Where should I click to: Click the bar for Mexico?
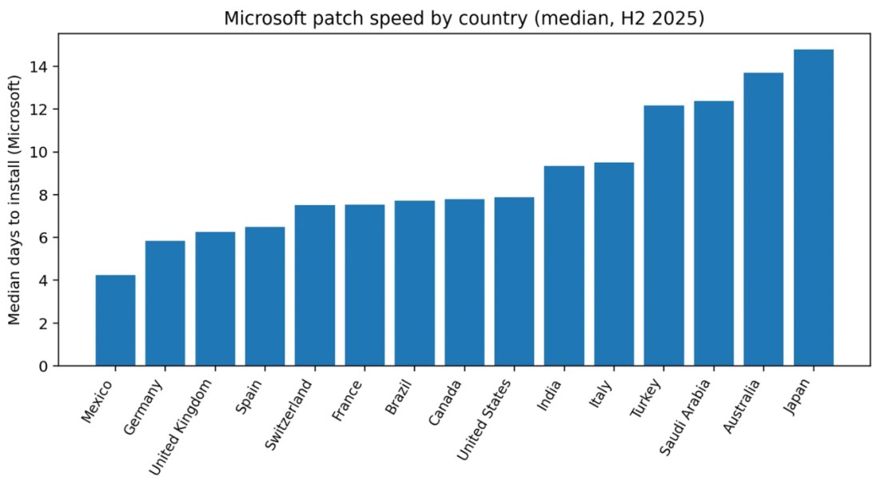(x=115, y=320)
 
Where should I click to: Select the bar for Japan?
(x=814, y=208)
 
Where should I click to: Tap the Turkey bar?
(x=664, y=236)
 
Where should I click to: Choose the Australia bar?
(x=763, y=219)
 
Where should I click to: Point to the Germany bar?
(x=165, y=304)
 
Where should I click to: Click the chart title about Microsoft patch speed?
(x=464, y=18)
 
